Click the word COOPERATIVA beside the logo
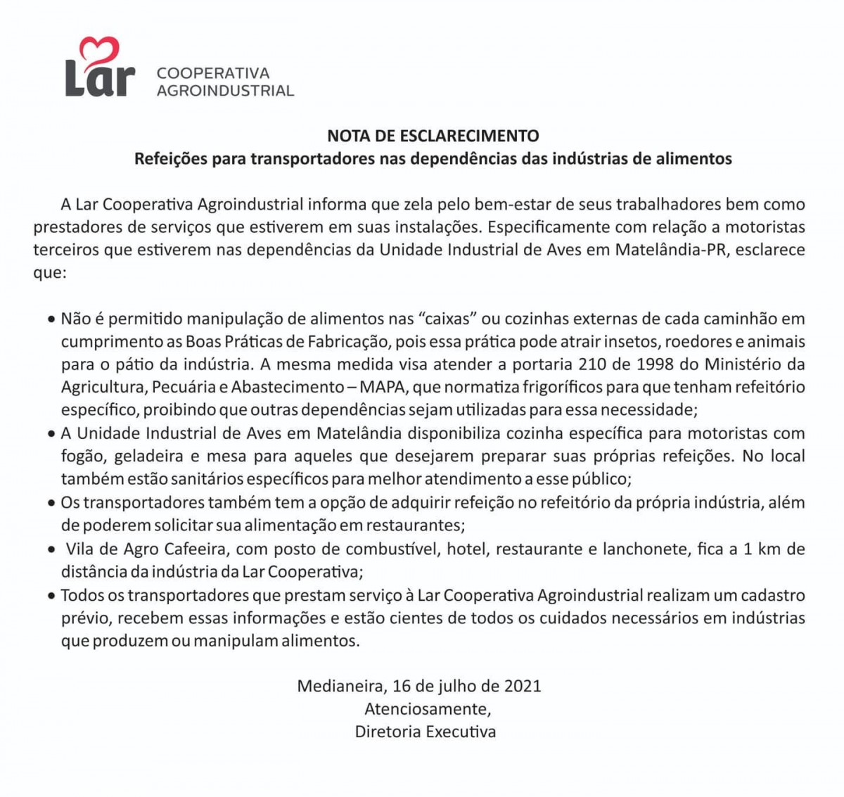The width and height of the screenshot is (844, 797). pos(213,73)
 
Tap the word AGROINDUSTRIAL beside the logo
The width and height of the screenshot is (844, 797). pos(225,91)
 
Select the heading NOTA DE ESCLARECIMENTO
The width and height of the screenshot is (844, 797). pos(433,136)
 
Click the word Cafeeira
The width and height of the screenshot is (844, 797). pos(200,549)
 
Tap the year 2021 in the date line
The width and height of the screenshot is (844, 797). pos(523,686)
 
